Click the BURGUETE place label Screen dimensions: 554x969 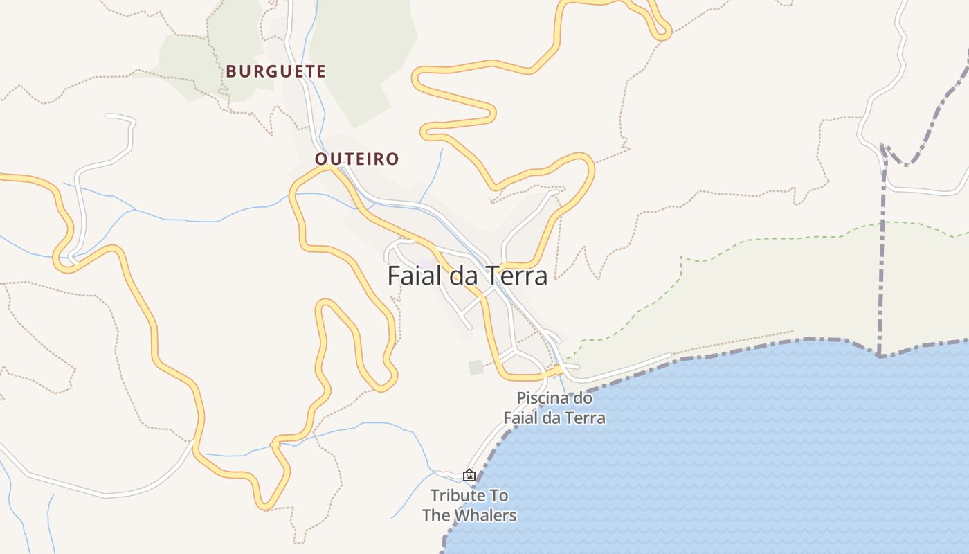[x=275, y=71]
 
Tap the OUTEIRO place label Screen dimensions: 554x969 [x=356, y=159]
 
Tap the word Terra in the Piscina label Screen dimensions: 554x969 [x=586, y=418]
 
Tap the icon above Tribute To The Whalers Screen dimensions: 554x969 [x=469, y=475]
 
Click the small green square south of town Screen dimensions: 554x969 [x=476, y=367]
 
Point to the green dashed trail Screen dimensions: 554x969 [x=761, y=239]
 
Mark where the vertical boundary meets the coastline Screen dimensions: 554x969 [x=879, y=355]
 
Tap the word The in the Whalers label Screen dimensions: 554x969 [x=435, y=516]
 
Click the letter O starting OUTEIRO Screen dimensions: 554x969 [x=320, y=159]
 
